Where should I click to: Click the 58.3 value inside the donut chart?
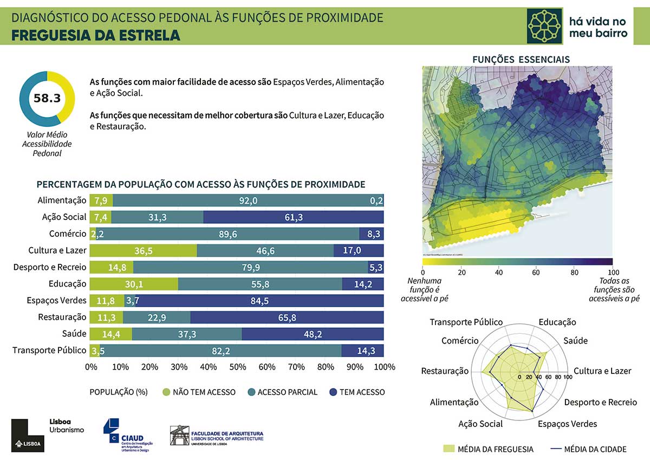click(x=47, y=98)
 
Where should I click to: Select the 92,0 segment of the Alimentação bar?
click(x=248, y=200)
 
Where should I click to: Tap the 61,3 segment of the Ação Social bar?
click(x=293, y=217)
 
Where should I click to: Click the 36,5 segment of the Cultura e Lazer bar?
click(x=143, y=250)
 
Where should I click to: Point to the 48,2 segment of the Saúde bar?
click(x=313, y=334)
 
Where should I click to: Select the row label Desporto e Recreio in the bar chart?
click(x=50, y=267)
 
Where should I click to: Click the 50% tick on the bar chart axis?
click(x=237, y=367)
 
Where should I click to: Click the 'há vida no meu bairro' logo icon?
click(x=545, y=26)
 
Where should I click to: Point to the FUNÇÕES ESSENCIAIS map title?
click(x=521, y=59)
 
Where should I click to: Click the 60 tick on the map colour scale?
click(x=536, y=272)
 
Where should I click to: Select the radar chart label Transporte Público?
click(x=466, y=322)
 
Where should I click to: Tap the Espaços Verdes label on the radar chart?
click(x=567, y=424)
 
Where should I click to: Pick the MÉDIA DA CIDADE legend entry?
click(x=588, y=449)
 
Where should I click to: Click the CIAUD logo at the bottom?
click(x=128, y=433)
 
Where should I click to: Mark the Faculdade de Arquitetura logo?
click(x=217, y=435)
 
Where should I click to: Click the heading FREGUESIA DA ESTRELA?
click(x=95, y=36)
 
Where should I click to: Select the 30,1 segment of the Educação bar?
click(x=134, y=284)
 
